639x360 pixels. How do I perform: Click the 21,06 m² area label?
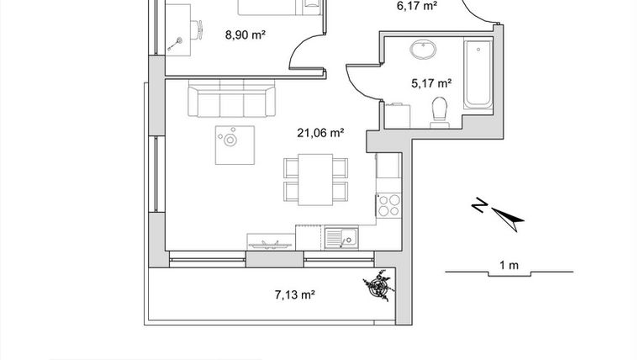321,132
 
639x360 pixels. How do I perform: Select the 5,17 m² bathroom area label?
431,83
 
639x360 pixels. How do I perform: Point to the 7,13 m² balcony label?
294,294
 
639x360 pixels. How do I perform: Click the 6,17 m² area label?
417,6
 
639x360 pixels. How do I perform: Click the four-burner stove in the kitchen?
388,204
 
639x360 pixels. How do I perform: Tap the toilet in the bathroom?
439,112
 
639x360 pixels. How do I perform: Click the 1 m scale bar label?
509,266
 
